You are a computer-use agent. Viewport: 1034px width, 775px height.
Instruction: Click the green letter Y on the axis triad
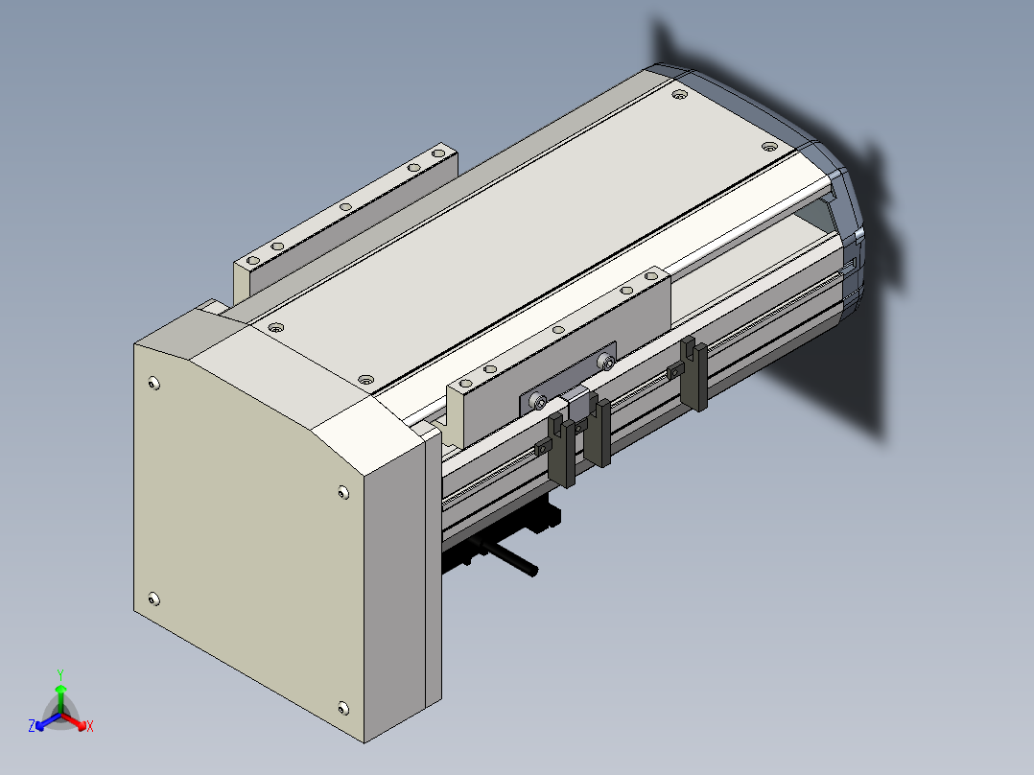click(60, 674)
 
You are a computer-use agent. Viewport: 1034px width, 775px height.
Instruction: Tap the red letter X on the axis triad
click(90, 726)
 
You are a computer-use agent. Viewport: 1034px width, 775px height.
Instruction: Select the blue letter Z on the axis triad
click(32, 725)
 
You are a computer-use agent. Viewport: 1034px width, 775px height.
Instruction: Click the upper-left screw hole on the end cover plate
click(154, 384)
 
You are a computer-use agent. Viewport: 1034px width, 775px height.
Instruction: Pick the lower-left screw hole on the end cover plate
click(153, 599)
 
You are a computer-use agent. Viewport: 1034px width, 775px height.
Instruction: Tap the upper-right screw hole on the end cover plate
click(343, 492)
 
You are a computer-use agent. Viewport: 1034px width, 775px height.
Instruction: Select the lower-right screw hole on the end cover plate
click(343, 709)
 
